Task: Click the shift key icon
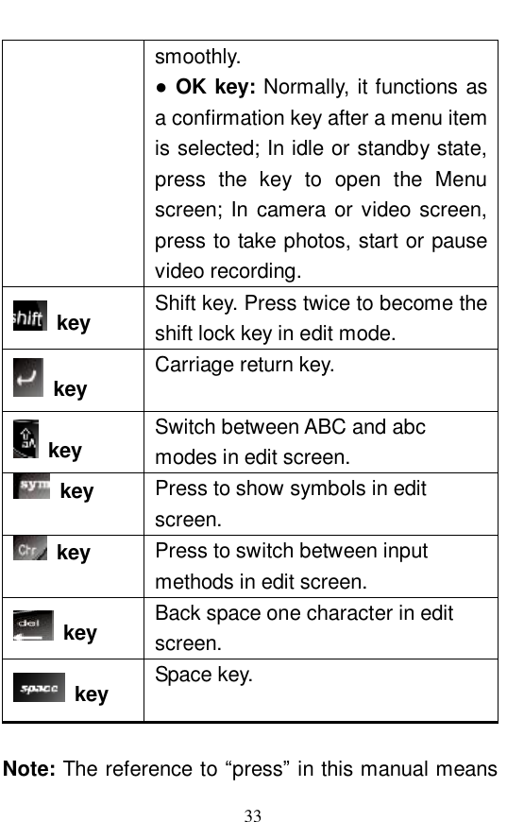point(28,317)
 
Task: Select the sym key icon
point(33,486)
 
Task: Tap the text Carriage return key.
point(244,365)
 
